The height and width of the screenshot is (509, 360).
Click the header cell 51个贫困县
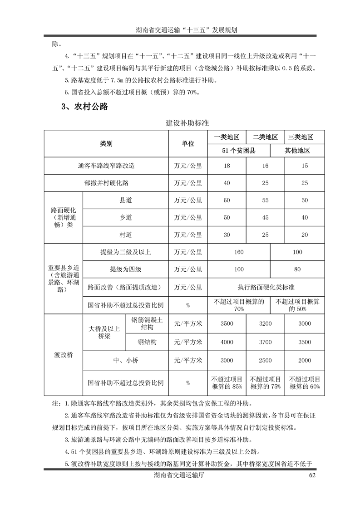pos(239,151)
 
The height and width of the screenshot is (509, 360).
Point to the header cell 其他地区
pos(297,151)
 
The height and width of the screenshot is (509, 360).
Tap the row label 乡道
pos(126,218)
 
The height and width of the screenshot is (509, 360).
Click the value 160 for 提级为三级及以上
pos(239,252)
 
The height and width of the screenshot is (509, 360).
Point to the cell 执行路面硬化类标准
pos(266,287)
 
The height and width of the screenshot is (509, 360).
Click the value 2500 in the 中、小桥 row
pos(265,361)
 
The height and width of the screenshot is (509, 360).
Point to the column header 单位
pos(188,143)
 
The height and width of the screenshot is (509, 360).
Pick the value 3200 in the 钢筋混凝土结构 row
pos(265,323)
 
